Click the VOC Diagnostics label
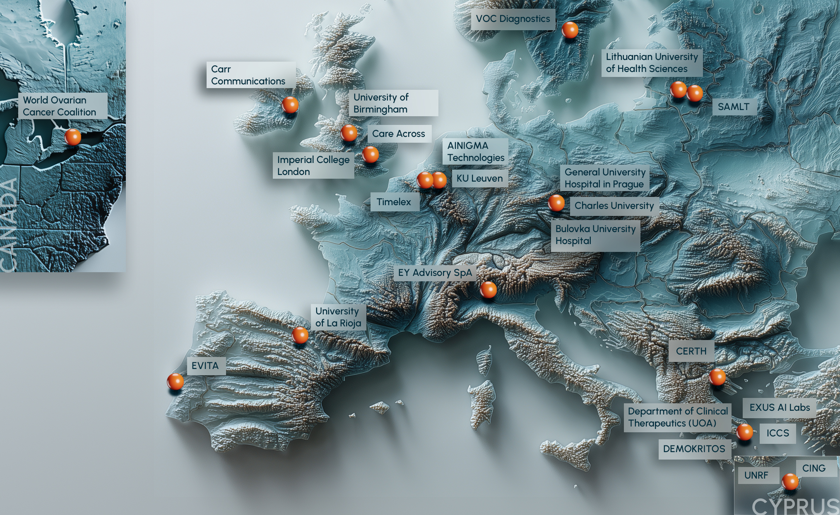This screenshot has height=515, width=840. point(513,19)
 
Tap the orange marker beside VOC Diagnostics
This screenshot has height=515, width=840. point(570,30)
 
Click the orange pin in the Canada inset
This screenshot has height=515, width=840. point(73,137)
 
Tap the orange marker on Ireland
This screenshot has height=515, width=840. point(290,105)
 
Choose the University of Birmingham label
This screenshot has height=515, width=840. point(393,103)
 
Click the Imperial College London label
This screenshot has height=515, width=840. point(313,165)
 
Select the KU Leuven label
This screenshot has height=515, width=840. point(479,178)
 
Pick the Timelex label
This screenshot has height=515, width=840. point(394,202)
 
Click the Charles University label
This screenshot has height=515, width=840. point(614,206)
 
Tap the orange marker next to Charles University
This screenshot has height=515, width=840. point(556,203)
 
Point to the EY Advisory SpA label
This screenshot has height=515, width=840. point(435,273)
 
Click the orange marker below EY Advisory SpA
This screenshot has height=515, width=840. point(488,290)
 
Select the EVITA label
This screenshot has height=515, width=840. point(205,366)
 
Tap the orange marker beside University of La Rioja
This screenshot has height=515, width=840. point(300,335)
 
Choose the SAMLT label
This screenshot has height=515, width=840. point(734,107)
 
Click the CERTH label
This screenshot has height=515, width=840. point(691,351)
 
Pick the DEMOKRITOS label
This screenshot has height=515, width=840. point(694,449)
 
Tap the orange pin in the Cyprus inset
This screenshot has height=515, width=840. point(790,481)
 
